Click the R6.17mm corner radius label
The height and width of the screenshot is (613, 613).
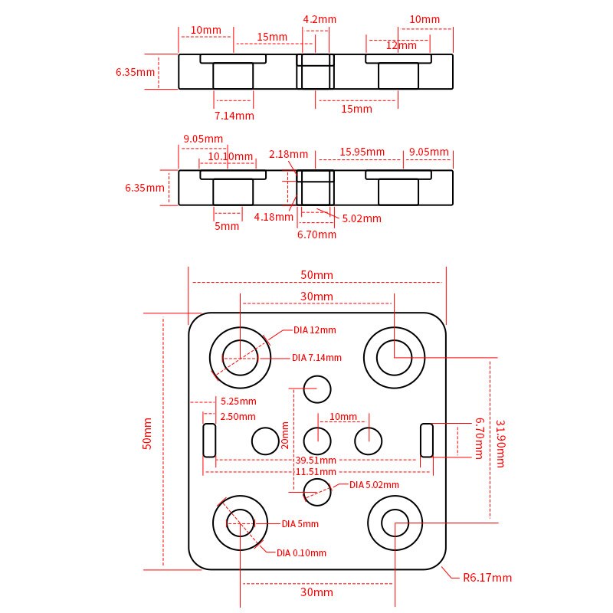tap(487, 578)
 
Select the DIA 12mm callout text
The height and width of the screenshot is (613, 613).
tap(314, 330)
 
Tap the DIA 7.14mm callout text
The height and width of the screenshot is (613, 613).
tap(316, 358)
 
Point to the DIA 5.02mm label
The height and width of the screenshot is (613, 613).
tap(374, 485)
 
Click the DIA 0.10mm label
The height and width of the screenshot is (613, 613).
tap(301, 552)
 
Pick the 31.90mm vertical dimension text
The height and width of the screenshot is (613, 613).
tap(500, 443)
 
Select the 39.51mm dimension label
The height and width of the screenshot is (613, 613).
tap(316, 461)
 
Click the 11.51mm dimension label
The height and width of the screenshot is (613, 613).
tap(316, 472)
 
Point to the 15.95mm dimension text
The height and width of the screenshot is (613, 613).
tap(362, 152)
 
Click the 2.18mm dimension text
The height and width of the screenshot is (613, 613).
tap(288, 154)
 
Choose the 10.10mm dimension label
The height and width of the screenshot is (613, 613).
tap(231, 156)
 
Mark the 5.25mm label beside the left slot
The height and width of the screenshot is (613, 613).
tap(238, 401)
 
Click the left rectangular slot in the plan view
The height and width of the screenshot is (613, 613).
tap(209, 440)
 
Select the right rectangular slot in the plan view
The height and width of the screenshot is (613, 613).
tap(427, 440)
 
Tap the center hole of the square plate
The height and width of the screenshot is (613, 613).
tap(317, 441)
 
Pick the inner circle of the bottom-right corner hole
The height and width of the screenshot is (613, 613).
tap(395, 523)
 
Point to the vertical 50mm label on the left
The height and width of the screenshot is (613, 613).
tap(148, 433)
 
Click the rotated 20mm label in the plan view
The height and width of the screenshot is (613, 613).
tap(285, 434)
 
